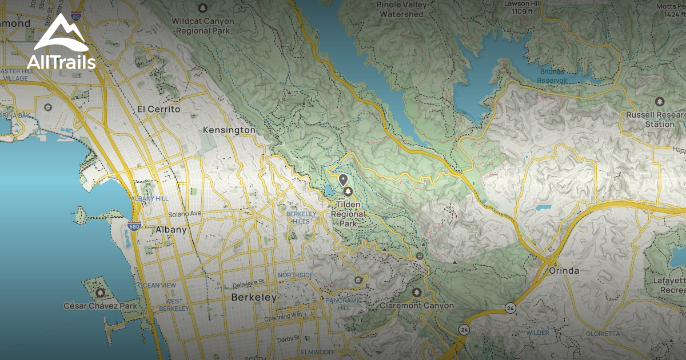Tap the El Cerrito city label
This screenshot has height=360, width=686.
[159, 109]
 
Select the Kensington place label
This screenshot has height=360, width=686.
[229, 130]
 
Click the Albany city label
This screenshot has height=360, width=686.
[171, 230]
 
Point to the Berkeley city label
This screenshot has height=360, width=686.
[254, 298]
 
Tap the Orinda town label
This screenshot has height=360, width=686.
[563, 270]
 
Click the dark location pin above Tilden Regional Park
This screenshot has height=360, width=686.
[344, 180]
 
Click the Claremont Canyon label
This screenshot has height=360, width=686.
[417, 306]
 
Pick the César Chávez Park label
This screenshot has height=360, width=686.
[101, 306]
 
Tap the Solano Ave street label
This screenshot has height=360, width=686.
[185, 214]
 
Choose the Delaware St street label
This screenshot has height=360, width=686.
[249, 282]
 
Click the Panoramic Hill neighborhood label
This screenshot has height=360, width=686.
[343, 304]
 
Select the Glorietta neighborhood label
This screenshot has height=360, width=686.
[603, 333]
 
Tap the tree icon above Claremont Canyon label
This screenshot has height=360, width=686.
[416, 293]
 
